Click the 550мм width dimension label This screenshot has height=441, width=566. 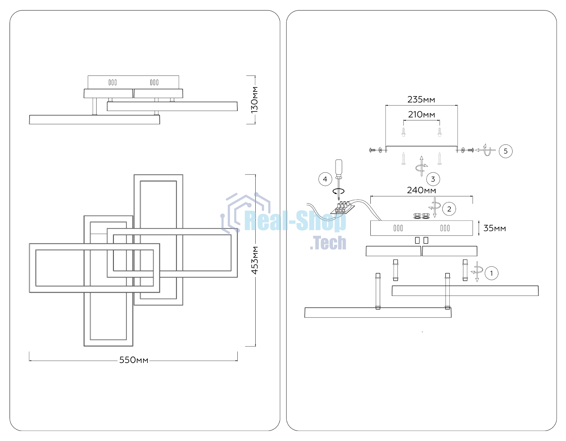click(134, 360)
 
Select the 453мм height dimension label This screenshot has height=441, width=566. click(255, 260)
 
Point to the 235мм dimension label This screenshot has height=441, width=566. click(421, 100)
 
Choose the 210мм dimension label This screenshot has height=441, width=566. click(422, 115)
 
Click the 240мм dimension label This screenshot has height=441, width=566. click(422, 190)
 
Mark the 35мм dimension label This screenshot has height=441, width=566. click(495, 228)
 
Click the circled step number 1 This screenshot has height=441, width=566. click(491, 273)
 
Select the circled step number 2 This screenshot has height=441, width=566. click(449, 209)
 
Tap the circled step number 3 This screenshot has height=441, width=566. click(433, 179)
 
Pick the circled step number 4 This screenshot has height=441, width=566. click(325, 179)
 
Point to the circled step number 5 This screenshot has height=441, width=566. click(506, 151)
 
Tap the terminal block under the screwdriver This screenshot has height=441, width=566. click(342, 208)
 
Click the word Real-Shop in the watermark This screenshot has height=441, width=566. click(295, 221)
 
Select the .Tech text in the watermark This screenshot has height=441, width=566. click(328, 243)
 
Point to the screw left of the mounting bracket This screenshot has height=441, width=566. click(372, 150)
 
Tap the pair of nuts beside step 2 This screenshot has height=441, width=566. click(422, 216)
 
